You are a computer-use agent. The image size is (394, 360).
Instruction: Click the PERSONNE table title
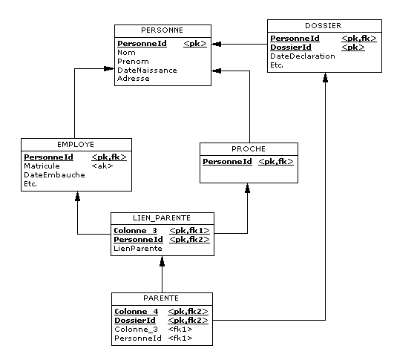click(162, 30)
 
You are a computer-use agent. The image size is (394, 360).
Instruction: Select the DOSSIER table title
click(324, 26)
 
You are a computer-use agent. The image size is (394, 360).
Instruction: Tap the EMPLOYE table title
click(76, 145)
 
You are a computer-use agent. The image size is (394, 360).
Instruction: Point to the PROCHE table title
click(249, 149)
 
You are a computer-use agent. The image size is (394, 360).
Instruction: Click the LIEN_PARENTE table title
click(162, 218)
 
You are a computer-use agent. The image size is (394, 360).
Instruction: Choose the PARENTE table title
click(161, 298)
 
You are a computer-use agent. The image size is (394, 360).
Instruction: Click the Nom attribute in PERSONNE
click(126, 53)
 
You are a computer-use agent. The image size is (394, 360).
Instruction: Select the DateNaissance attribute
click(147, 70)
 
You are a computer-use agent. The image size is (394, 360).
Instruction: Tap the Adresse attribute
click(134, 79)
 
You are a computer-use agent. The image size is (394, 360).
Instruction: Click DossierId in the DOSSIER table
click(291, 48)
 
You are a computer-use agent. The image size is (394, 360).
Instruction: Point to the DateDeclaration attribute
click(303, 56)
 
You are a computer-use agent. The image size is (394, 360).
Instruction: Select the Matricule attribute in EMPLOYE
click(42, 166)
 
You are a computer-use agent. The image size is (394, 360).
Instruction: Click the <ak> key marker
click(102, 166)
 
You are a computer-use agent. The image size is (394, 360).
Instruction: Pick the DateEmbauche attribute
click(54, 175)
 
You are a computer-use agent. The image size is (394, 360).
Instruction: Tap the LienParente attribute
click(138, 249)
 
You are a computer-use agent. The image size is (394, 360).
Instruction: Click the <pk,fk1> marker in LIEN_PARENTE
click(189, 231)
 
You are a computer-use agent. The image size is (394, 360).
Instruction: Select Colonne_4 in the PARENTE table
click(137, 312)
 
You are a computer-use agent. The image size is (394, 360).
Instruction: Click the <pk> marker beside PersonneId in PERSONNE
click(195, 44)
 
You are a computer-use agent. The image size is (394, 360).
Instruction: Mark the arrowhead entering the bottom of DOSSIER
click(326, 78)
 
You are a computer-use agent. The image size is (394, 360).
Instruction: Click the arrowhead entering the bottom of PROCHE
click(248, 189)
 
